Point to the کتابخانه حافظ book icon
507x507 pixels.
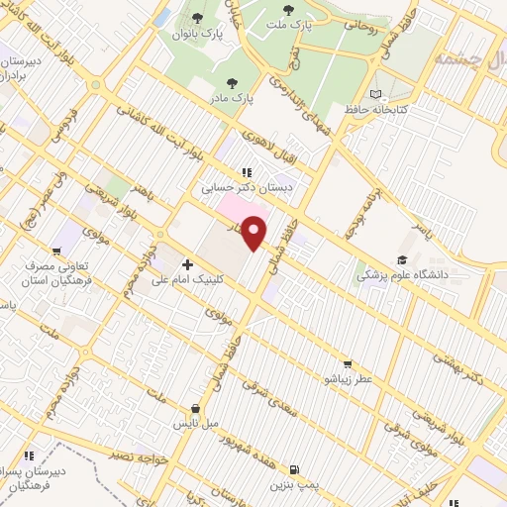(x=374, y=93)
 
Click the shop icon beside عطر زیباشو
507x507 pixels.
(x=347, y=364)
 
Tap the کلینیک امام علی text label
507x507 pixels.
(x=188, y=280)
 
